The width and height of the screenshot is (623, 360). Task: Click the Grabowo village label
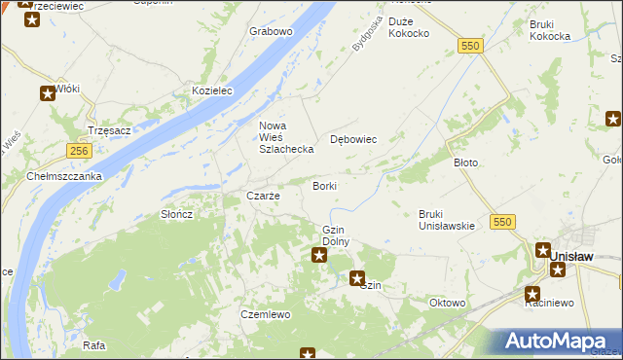pos(271,31)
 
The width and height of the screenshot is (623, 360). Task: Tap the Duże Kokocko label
pos(409,27)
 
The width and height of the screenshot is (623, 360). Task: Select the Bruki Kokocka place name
pos(549,30)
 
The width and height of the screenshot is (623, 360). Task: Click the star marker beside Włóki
pos(48,93)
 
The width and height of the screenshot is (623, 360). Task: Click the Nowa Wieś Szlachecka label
pos(285,137)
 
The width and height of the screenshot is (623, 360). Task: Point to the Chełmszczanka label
pos(65,176)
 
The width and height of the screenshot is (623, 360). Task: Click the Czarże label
pos(263,196)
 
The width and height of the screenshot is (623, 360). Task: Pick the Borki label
pos(324,185)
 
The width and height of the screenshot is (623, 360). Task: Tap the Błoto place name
pos(466,162)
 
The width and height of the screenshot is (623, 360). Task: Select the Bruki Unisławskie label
pos(446,220)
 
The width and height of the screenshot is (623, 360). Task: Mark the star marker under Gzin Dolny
pos(318,255)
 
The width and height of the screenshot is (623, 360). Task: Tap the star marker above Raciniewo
pos(532,292)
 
